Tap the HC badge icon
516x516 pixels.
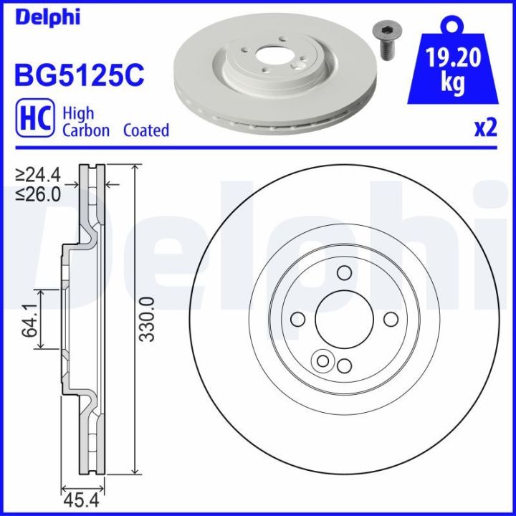pyautogui.click(x=32, y=120)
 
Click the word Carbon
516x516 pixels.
pyautogui.click(x=86, y=130)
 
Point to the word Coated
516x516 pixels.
pyautogui.click(x=146, y=130)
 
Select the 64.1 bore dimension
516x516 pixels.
pyautogui.click(x=29, y=320)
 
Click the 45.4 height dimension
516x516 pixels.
pyautogui.click(x=81, y=499)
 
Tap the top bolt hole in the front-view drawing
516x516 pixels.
pyautogui.click(x=344, y=272)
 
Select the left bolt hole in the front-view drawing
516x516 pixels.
pyautogui.click(x=297, y=320)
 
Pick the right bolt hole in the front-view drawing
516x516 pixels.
pyautogui.click(x=391, y=320)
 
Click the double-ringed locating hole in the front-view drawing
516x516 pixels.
pyautogui.click(x=323, y=360)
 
